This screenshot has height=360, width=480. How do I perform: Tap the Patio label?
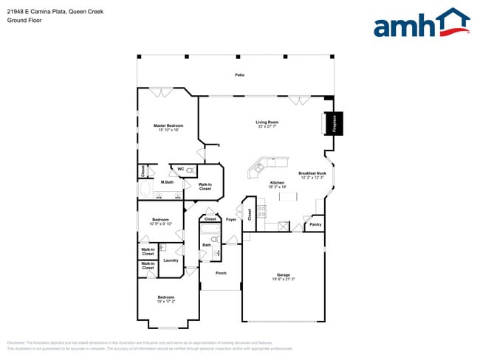click(239, 75)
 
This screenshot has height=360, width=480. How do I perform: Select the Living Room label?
click(267, 122)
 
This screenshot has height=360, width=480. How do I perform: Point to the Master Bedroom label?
click(168, 125)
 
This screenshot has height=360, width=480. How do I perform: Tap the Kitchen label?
click(277, 182)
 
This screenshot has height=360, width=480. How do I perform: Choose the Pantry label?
click(315, 224)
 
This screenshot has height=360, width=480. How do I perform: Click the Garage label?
click(283, 275)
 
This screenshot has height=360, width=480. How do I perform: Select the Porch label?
click(220, 274)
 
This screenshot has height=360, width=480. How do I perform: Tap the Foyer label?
click(231, 219)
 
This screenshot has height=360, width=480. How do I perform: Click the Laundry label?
click(171, 260)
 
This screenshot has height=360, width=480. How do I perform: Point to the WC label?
click(180, 169)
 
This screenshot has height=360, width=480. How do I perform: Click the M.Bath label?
click(167, 182)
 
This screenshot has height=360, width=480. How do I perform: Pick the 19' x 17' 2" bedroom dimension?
click(165, 302)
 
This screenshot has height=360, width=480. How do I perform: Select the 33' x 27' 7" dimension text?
click(267, 127)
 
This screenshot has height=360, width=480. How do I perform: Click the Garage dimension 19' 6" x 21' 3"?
click(283, 280)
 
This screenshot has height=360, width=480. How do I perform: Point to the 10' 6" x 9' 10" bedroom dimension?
click(161, 224)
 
